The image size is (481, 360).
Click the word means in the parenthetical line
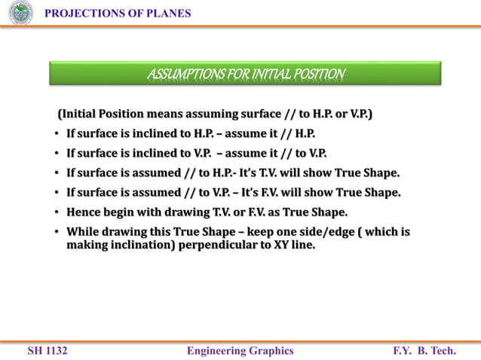[x=168, y=114]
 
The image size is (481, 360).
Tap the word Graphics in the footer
[x=272, y=351]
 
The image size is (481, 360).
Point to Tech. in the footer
[x=443, y=351]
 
